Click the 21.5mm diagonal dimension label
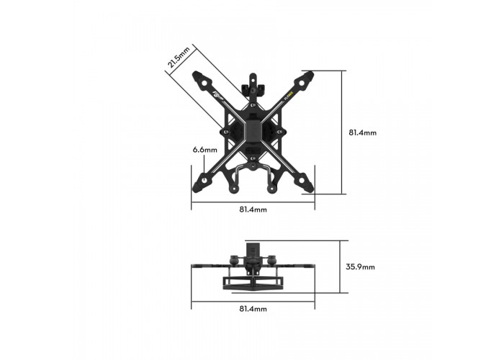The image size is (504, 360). [179, 58]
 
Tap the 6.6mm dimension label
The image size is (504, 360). [204, 150]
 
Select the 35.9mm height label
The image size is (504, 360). [360, 266]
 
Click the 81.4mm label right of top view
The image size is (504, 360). [363, 132]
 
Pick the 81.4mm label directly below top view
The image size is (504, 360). [253, 210]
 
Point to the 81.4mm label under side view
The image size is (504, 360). [253, 308]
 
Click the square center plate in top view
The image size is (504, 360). [253, 131]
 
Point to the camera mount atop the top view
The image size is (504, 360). [253, 86]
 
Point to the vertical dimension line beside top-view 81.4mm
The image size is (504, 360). [341, 132]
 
